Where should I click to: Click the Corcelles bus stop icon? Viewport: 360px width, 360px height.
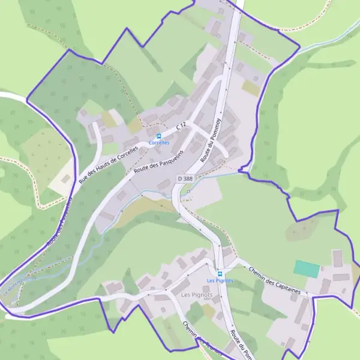click(159, 136)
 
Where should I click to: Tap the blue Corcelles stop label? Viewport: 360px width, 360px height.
click(159, 143)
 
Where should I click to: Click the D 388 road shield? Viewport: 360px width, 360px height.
click(185, 179)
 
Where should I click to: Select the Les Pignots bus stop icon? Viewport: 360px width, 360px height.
click(220, 274)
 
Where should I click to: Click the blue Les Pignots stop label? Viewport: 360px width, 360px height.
click(220, 280)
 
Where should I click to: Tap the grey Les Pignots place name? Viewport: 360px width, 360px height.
click(193, 295)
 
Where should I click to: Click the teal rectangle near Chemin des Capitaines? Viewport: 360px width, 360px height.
click(307, 269)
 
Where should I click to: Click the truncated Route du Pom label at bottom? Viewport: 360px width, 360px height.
click(239, 344)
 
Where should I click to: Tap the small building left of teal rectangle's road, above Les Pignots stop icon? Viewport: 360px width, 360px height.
click(227, 252)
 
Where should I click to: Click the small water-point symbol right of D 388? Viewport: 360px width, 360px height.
click(188, 192)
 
